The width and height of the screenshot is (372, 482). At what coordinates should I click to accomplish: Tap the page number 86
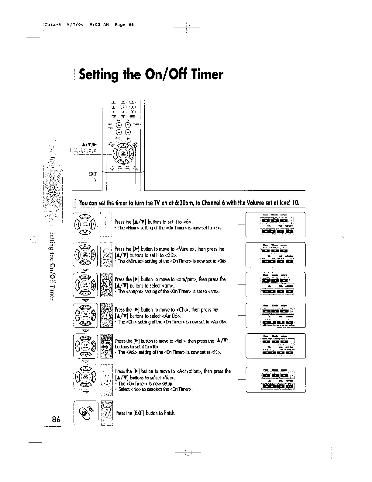tap(56, 419)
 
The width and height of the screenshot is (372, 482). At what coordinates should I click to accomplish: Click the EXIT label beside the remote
tap(92, 174)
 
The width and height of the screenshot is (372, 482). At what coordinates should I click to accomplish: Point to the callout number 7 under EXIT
tap(95, 180)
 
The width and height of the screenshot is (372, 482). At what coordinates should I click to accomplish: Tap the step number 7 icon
tap(106, 413)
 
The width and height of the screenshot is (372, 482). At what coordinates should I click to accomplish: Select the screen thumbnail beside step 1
tap(275, 225)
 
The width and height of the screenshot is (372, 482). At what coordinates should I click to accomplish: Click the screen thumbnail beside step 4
tap(275, 315)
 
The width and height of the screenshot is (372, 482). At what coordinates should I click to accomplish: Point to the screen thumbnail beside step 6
tap(275, 379)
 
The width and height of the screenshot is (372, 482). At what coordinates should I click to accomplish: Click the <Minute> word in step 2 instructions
tap(185, 249)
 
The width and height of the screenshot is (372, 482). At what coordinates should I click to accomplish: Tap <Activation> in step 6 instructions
tap(189, 371)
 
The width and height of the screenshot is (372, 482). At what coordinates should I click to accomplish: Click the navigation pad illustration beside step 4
tap(85, 315)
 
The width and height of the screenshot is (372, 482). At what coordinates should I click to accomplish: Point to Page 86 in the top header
tap(124, 25)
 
